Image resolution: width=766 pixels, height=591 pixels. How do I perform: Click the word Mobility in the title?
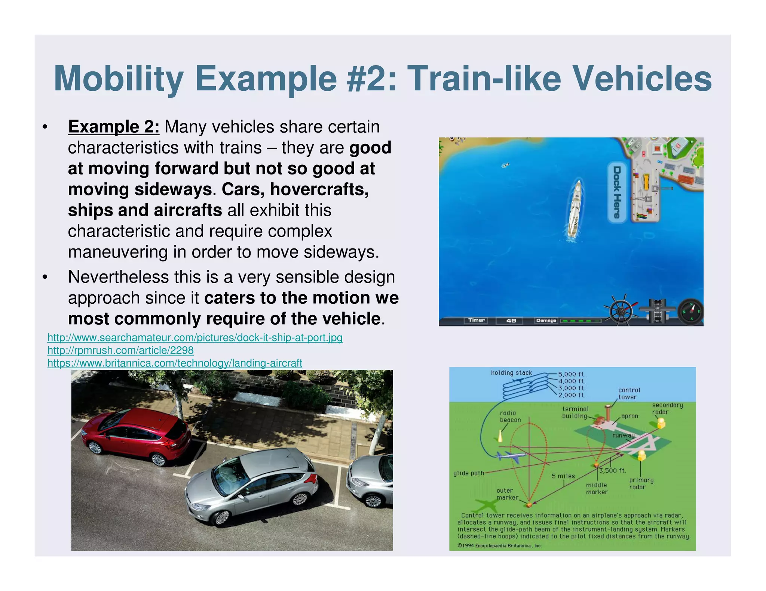(118, 79)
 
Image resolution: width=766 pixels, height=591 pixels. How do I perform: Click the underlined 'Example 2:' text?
(114, 127)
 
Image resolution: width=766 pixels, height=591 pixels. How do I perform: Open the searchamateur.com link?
(194, 338)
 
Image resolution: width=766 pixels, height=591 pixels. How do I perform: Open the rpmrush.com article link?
(120, 350)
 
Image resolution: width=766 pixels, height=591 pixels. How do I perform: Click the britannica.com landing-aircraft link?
(175, 363)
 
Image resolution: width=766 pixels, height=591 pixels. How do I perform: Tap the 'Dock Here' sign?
(617, 192)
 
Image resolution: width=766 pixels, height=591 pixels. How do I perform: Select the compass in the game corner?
(690, 311)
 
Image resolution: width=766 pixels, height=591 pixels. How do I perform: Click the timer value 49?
(511, 321)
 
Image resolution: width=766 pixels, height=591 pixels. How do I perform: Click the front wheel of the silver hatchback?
(221, 518)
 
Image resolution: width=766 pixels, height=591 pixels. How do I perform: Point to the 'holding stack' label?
(511, 373)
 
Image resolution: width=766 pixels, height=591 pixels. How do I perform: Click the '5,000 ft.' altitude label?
(572, 374)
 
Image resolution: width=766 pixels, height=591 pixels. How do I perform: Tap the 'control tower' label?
(629, 394)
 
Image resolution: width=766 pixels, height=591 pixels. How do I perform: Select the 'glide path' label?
(468, 473)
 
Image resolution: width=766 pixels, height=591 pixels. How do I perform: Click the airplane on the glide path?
(510, 456)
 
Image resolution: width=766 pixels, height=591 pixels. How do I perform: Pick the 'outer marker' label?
(507, 494)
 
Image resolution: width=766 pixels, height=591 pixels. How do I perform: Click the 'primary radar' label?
(641, 483)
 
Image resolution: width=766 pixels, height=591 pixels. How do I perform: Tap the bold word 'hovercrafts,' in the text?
(319, 189)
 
